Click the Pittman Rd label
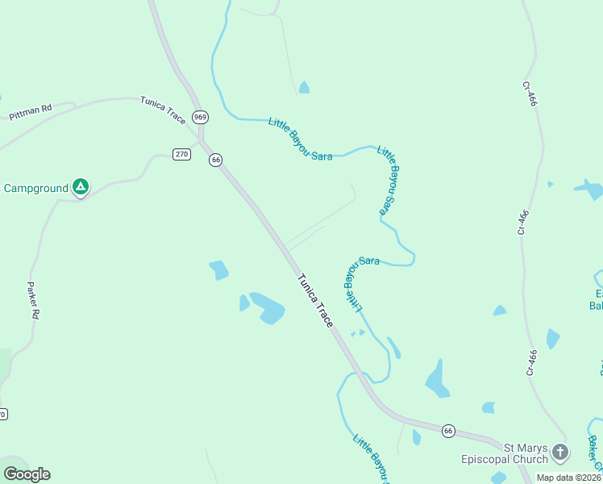click(x=31, y=111)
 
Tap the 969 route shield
click(x=201, y=117)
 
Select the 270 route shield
click(x=181, y=154)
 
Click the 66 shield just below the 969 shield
click(x=215, y=160)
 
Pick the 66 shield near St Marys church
click(x=449, y=432)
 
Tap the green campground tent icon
click(x=81, y=188)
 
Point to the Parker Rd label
click(x=33, y=300)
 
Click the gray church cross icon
click(x=560, y=452)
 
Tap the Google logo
click(x=27, y=474)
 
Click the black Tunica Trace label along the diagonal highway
click(x=315, y=300)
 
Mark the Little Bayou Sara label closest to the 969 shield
click(x=300, y=139)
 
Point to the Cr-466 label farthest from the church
click(x=530, y=94)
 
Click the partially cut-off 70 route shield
click(x=2, y=415)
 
